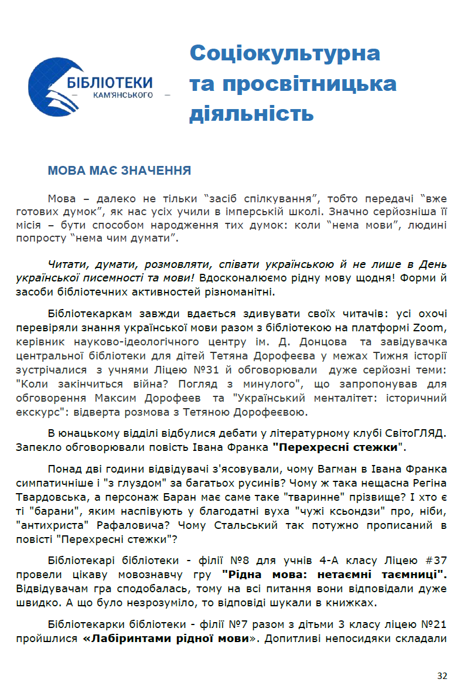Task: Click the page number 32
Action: (442, 676)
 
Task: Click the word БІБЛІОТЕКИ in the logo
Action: (110, 82)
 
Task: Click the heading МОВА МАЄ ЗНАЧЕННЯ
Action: (119, 171)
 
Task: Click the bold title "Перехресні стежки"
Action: (339, 447)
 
